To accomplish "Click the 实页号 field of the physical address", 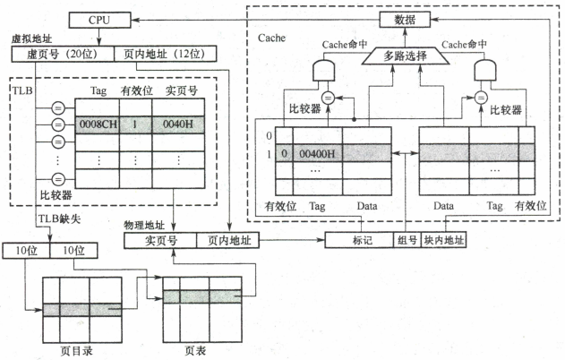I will pyautogui.click(x=161, y=240).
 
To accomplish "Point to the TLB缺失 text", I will pyautogui.click(x=56, y=219).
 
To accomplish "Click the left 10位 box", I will pyautogui.click(x=24, y=249).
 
